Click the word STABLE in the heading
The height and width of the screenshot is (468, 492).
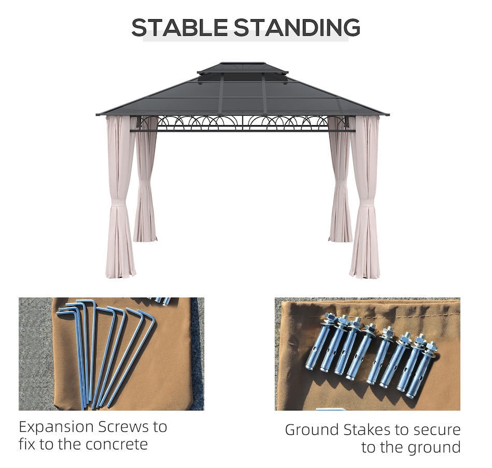coord(179,27)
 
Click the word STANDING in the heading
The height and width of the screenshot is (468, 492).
coord(297,27)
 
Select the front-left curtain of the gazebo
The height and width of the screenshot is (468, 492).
coord(120,197)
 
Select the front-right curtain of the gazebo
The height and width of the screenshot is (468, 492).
coord(365,197)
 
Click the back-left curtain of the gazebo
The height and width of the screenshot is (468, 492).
coord(145,182)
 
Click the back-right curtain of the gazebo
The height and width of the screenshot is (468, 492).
coord(340,182)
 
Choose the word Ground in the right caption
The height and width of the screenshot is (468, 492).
coord(312,430)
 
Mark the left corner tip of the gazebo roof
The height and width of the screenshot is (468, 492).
coord(96,115)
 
